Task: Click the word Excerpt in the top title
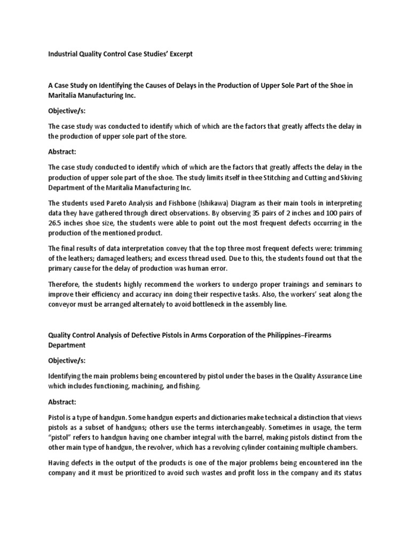tap(177, 54)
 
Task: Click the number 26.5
tap(56, 223)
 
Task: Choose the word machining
tap(145, 386)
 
